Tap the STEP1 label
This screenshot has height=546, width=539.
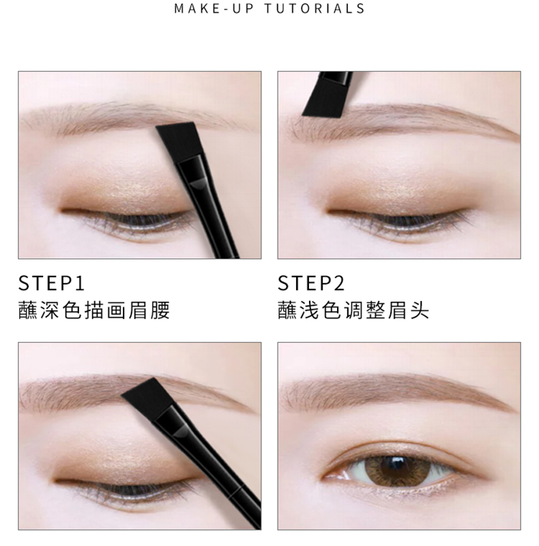(51, 283)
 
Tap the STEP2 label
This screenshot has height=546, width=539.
(311, 283)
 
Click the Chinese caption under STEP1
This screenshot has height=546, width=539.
(94, 310)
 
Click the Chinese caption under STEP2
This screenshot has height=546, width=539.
(353, 310)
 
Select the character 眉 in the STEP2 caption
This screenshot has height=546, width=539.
(397, 310)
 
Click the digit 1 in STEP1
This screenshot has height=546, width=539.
(80, 283)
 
